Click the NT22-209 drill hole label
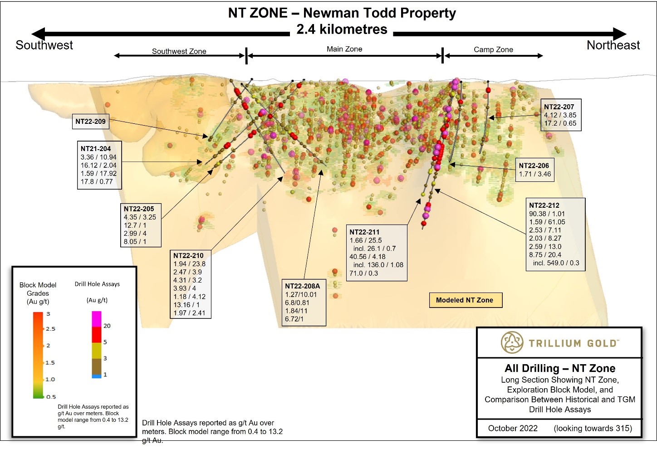(90, 122)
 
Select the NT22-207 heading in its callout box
(559, 107)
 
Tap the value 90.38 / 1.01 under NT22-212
(547, 214)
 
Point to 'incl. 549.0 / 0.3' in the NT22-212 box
(556, 263)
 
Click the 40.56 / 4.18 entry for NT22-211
(367, 257)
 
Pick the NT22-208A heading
(302, 286)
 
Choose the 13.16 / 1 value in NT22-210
(186, 305)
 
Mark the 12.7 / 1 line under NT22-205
(135, 225)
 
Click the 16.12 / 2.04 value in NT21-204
(98, 166)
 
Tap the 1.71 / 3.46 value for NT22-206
(534, 174)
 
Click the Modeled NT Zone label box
(465, 300)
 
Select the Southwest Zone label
(179, 51)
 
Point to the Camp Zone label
(493, 49)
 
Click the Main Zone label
(344, 49)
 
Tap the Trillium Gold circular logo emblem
(512, 342)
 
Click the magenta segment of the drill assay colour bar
(97, 319)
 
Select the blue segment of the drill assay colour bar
(97, 376)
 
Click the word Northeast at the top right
(613, 45)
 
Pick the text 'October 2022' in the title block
(513, 429)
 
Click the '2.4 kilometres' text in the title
(342, 29)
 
